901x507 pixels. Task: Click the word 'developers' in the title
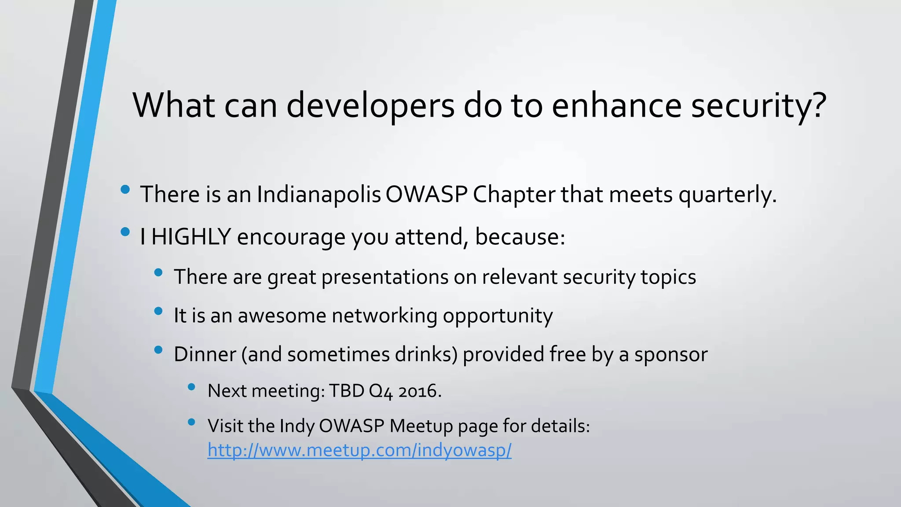370,106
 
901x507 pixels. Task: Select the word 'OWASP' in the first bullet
426,194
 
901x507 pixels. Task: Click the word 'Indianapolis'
319,194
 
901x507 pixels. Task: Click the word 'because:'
520,237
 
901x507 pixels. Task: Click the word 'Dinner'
205,354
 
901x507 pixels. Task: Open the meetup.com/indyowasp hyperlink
359,450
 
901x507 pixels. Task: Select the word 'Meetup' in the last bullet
421,426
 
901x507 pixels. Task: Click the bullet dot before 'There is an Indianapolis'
125,190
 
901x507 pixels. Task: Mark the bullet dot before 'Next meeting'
191,387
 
